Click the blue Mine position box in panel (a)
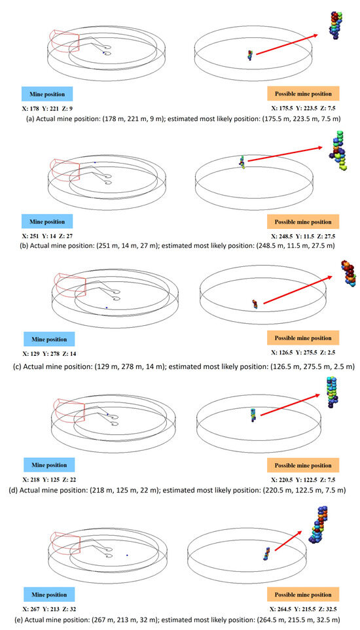click(x=47, y=94)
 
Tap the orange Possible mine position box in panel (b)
click(x=303, y=222)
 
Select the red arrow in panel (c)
click(x=298, y=290)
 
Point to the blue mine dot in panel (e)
click(x=127, y=555)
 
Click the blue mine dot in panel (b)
click(x=95, y=162)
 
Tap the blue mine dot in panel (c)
click(x=107, y=307)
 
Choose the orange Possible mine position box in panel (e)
click(x=303, y=594)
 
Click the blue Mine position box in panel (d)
click(x=48, y=465)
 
